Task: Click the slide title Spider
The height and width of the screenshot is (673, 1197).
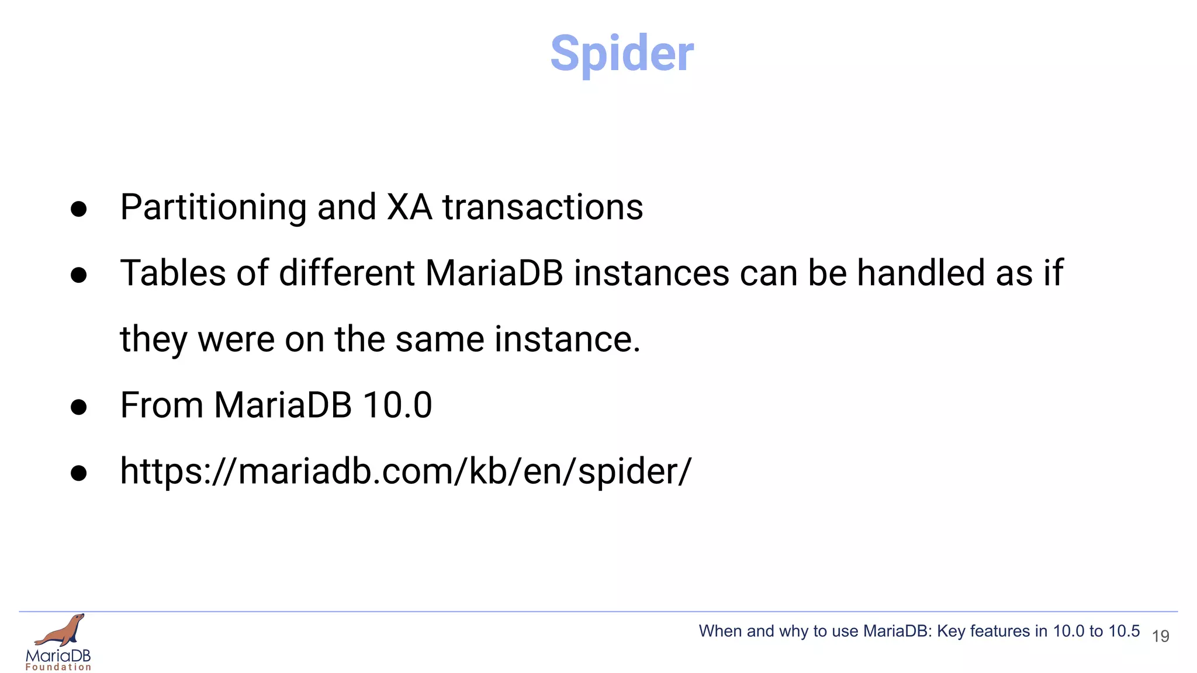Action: [x=622, y=54]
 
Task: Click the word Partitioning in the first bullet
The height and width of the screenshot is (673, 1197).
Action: [x=213, y=207]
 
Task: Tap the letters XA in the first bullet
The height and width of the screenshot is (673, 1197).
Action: [x=409, y=207]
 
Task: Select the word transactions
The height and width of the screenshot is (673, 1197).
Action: [x=542, y=207]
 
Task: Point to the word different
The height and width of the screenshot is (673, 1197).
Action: [x=347, y=273]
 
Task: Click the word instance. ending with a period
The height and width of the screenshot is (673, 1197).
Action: [x=567, y=339]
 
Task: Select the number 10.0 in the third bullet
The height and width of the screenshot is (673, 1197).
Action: [x=397, y=405]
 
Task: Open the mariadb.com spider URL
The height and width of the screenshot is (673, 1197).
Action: [x=405, y=471]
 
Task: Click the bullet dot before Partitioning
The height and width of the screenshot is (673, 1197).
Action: [x=78, y=209]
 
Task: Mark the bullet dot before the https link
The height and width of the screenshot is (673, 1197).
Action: [x=78, y=473]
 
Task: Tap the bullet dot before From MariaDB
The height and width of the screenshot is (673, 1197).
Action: [x=78, y=407]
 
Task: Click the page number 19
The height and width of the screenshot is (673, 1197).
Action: [x=1160, y=636]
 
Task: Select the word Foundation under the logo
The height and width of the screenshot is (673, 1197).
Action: [x=58, y=667]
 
